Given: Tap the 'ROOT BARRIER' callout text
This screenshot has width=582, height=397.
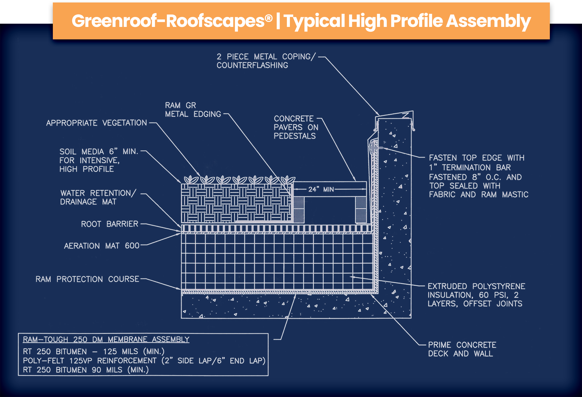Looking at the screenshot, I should [x=109, y=224].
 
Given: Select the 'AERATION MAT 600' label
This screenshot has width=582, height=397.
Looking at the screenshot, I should [x=101, y=246].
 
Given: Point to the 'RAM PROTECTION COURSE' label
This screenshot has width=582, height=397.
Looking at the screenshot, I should [x=87, y=279].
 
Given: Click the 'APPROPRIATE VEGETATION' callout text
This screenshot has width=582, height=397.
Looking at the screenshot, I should [x=96, y=123].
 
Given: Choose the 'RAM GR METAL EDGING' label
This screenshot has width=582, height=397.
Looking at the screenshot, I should [x=193, y=110].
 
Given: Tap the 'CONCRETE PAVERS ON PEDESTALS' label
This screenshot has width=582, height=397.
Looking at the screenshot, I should [x=296, y=127].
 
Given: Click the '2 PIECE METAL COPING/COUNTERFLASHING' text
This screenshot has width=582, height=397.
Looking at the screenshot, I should [x=265, y=61].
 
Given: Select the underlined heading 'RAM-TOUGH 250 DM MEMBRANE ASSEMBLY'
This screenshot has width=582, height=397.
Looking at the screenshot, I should [x=106, y=339].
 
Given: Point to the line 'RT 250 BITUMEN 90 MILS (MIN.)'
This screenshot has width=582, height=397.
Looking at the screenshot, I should [x=86, y=370].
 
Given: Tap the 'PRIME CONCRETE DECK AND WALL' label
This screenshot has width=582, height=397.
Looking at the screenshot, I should [x=462, y=349].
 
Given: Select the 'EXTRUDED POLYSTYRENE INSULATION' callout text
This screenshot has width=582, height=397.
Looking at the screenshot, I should [x=476, y=295].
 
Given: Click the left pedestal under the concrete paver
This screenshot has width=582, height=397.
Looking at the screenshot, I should [x=299, y=209].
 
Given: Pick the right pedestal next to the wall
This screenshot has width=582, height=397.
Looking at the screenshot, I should [x=361, y=209].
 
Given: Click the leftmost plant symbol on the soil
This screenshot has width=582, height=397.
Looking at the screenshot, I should [x=191, y=180].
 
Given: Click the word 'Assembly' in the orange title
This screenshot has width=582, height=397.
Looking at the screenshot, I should [x=488, y=21].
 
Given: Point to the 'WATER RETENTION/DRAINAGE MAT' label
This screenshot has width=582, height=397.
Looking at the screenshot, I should [x=98, y=197].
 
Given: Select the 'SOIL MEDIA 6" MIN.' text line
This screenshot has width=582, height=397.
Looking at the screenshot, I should [x=99, y=152].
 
